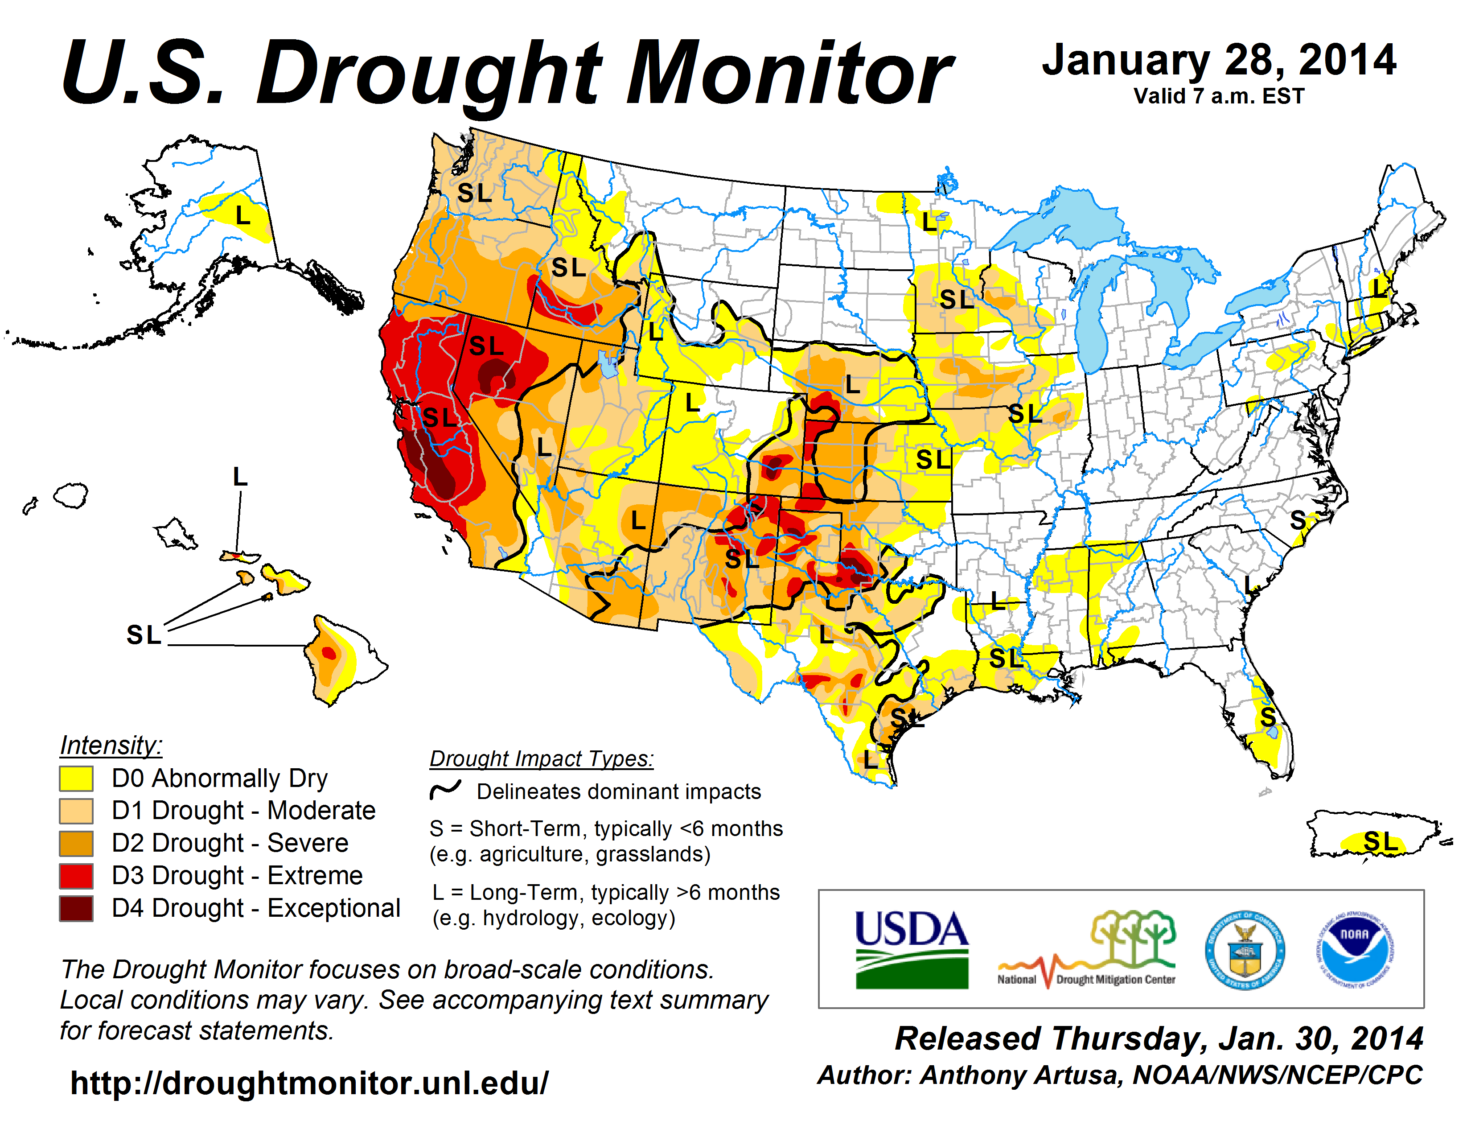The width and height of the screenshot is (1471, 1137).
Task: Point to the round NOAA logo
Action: (x=1355, y=950)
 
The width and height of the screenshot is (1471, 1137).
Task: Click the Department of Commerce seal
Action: (x=1245, y=950)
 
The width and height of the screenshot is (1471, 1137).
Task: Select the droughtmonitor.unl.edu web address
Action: (x=309, y=1083)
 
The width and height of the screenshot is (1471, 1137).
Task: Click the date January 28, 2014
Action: (x=1219, y=61)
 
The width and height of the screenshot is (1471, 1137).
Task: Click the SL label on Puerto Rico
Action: (x=1380, y=841)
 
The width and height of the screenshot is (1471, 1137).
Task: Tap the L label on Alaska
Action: (x=242, y=215)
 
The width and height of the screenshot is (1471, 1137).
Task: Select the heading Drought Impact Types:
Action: (x=542, y=758)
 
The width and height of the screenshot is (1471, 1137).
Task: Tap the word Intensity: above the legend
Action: (x=111, y=745)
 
